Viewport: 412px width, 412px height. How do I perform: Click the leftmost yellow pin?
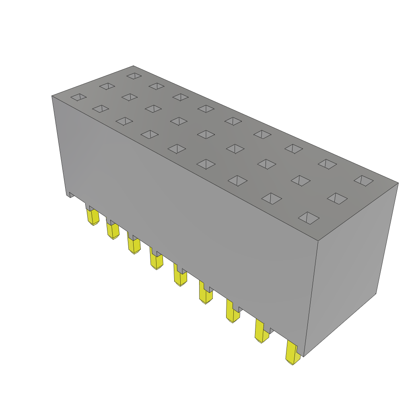tap(93, 217)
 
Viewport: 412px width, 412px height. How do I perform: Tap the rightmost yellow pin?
tap(293, 352)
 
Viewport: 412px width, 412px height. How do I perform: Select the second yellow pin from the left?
tap(113, 231)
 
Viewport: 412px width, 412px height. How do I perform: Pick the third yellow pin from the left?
tap(134, 245)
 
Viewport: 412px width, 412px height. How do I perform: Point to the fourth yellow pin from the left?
tap(156, 260)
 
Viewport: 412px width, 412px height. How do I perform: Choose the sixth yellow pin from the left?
tap(206, 295)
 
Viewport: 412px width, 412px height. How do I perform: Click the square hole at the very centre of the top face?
tap(206, 134)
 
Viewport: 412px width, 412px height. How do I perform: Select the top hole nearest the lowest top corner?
tap(309, 218)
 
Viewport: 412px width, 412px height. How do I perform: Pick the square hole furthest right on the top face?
tap(364, 181)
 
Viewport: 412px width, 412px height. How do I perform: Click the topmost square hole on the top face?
tap(134, 76)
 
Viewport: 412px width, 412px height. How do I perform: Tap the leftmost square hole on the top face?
tap(78, 97)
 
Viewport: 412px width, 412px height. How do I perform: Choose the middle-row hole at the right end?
tap(337, 198)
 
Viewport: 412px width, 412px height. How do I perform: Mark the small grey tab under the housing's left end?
tap(70, 195)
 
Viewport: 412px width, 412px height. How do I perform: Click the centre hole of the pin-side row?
tap(177, 149)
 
